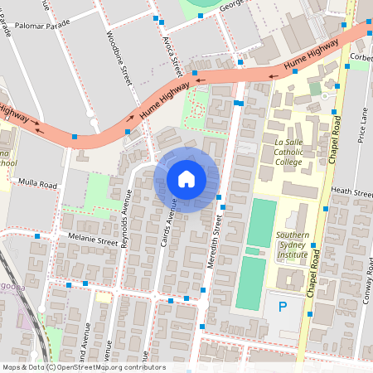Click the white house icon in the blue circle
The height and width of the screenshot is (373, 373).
click(186, 179)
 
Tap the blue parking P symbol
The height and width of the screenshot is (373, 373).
click(283, 308)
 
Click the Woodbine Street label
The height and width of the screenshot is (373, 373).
click(119, 58)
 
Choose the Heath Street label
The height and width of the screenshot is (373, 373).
click(351, 191)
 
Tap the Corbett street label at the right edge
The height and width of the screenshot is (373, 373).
click(361, 57)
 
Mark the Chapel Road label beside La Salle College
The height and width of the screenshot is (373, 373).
click(336, 125)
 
